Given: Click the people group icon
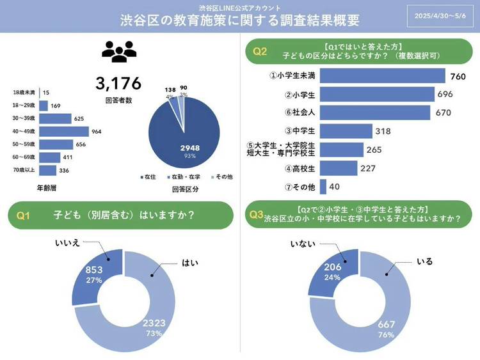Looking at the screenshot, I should [x=119, y=52].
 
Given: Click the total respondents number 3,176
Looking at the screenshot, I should [x=118, y=83].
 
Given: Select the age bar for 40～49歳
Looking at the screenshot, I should [x=63, y=132].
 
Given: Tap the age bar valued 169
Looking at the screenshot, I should [x=44, y=106].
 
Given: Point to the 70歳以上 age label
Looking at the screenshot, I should [x=25, y=169].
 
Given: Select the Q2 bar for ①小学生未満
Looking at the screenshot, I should [x=382, y=76].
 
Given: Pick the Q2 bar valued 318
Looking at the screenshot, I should [x=346, y=131].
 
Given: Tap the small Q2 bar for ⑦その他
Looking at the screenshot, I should [x=323, y=187].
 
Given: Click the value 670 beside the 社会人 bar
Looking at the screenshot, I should [x=444, y=113].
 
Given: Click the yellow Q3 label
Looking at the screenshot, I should [x=257, y=215].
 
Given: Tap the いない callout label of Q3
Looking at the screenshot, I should [x=299, y=244].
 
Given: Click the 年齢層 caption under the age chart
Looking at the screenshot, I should [x=48, y=189].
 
